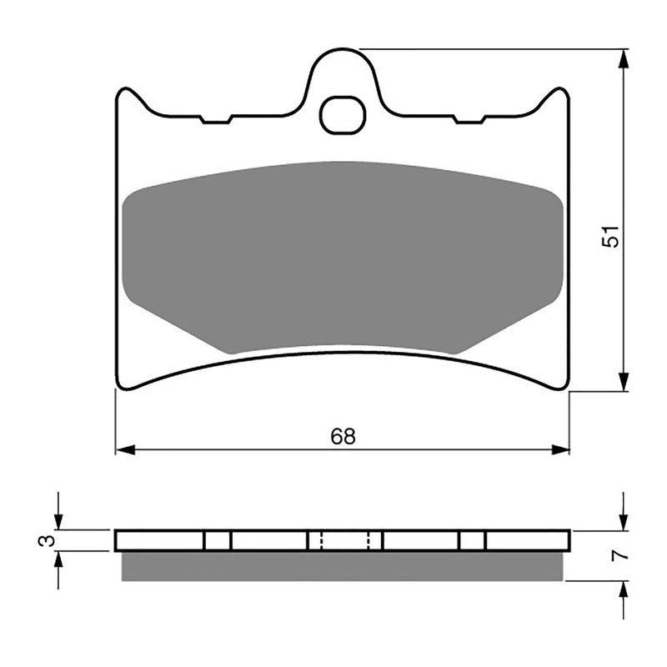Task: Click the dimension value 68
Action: click(342, 436)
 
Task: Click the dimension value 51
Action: click(612, 237)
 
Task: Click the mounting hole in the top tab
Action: click(343, 114)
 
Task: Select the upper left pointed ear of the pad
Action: click(125, 94)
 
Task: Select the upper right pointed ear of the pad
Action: click(560, 94)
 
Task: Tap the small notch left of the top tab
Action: click(216, 120)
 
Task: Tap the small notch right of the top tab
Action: click(469, 120)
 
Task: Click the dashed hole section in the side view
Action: click(344, 540)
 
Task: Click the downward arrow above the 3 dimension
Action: click(58, 520)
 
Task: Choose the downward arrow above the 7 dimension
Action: click(623, 520)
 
